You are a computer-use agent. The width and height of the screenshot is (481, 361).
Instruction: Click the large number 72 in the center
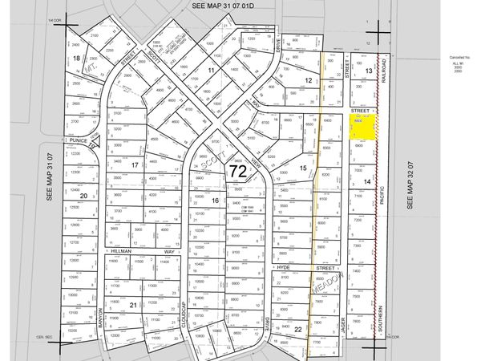(x=237, y=171)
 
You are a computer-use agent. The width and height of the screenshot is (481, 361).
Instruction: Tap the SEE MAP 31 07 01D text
(x=232, y=6)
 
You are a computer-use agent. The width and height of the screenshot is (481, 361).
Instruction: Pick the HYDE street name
(x=282, y=266)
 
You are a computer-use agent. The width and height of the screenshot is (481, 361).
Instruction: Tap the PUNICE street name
(x=78, y=139)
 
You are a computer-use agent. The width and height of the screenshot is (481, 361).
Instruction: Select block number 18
(x=76, y=58)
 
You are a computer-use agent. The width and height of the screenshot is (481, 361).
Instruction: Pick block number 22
(x=298, y=329)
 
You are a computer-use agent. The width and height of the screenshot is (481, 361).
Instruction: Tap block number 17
(x=135, y=164)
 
